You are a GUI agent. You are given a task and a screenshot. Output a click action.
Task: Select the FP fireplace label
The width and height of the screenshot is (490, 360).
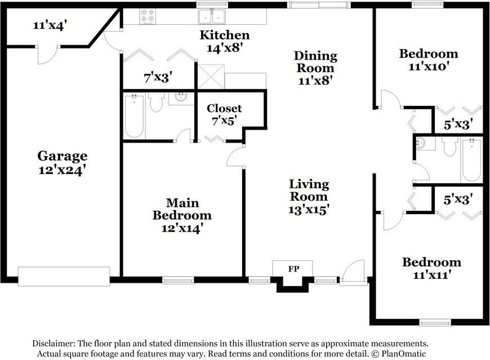coord(293,269)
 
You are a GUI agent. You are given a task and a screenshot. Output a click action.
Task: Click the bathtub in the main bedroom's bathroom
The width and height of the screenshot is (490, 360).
coord(134,116)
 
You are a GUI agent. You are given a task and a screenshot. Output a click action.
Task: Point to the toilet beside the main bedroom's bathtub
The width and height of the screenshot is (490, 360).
coord(156,102)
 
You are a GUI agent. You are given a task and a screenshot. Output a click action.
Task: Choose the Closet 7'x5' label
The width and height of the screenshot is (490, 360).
coord(224,114)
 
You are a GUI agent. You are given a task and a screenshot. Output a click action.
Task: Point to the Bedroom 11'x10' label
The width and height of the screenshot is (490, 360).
coord(428,60)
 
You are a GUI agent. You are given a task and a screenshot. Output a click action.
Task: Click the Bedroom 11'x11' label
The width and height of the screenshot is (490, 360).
coord(431,269)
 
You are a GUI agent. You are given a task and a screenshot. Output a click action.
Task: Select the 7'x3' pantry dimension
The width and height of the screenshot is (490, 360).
coord(158,77)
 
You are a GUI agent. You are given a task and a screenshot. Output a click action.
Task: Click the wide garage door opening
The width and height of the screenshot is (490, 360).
coord(64,276)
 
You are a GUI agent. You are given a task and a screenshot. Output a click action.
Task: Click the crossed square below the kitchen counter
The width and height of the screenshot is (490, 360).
coord(211,76)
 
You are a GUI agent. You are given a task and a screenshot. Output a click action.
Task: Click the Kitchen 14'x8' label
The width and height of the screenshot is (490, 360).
coord(224,42)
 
